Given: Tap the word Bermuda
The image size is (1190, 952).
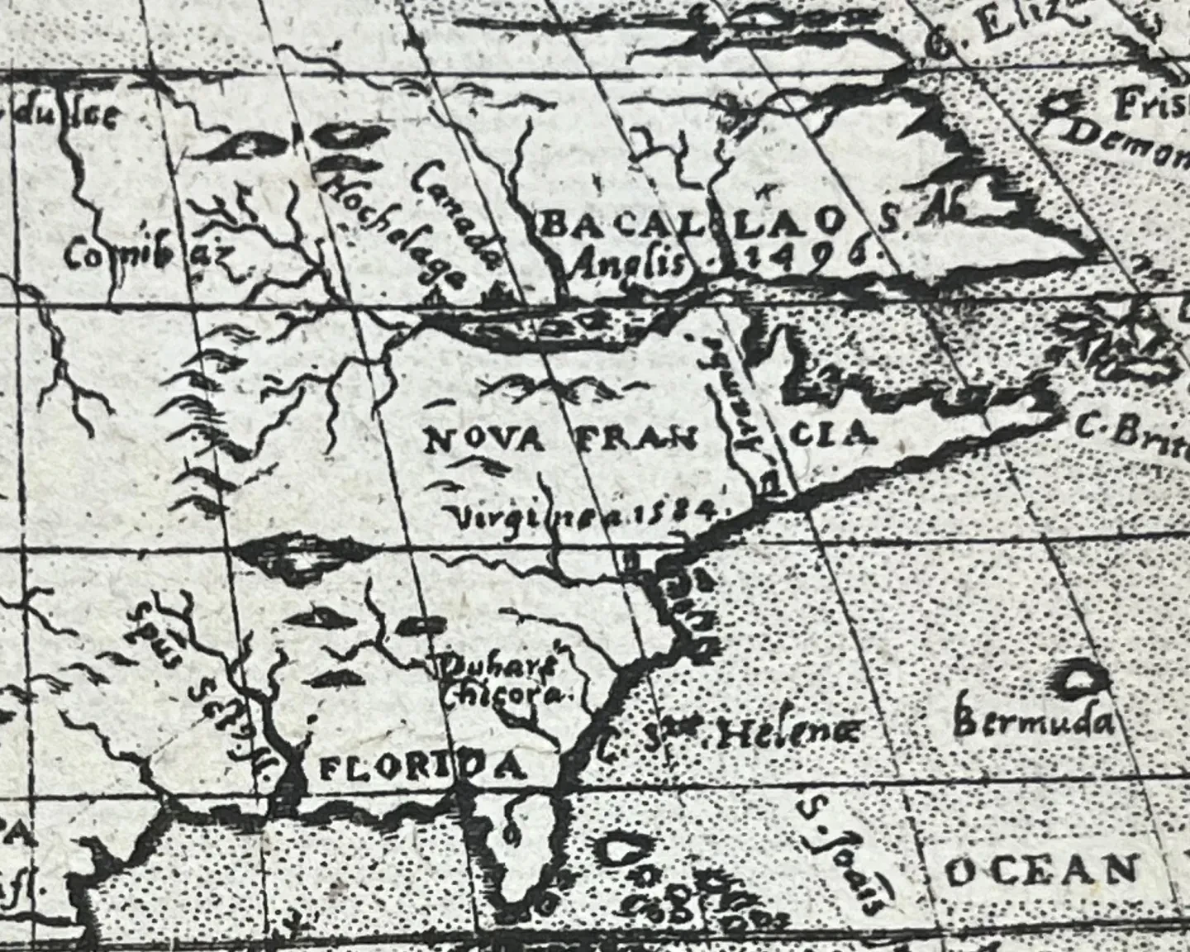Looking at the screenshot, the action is pyautogui.click(x=1032, y=725).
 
